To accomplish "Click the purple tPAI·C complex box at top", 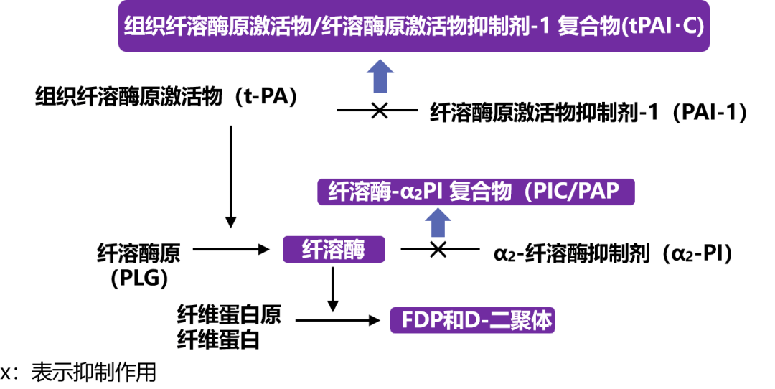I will (414, 27).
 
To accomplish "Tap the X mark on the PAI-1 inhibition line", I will (378, 111).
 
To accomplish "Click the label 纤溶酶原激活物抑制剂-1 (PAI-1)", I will (588, 113).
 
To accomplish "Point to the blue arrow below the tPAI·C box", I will (380, 75).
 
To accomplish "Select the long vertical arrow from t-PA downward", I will (230, 176).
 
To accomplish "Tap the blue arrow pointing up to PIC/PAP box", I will (437, 222).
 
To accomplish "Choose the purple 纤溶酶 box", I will (334, 250).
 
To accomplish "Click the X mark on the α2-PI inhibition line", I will (438, 249).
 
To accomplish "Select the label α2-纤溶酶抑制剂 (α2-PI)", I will (613, 253).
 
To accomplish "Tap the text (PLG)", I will (139, 276).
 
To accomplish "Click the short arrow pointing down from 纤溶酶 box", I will (333, 288).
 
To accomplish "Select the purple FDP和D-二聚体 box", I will (472, 321).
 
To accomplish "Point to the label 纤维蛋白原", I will (230, 314).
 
